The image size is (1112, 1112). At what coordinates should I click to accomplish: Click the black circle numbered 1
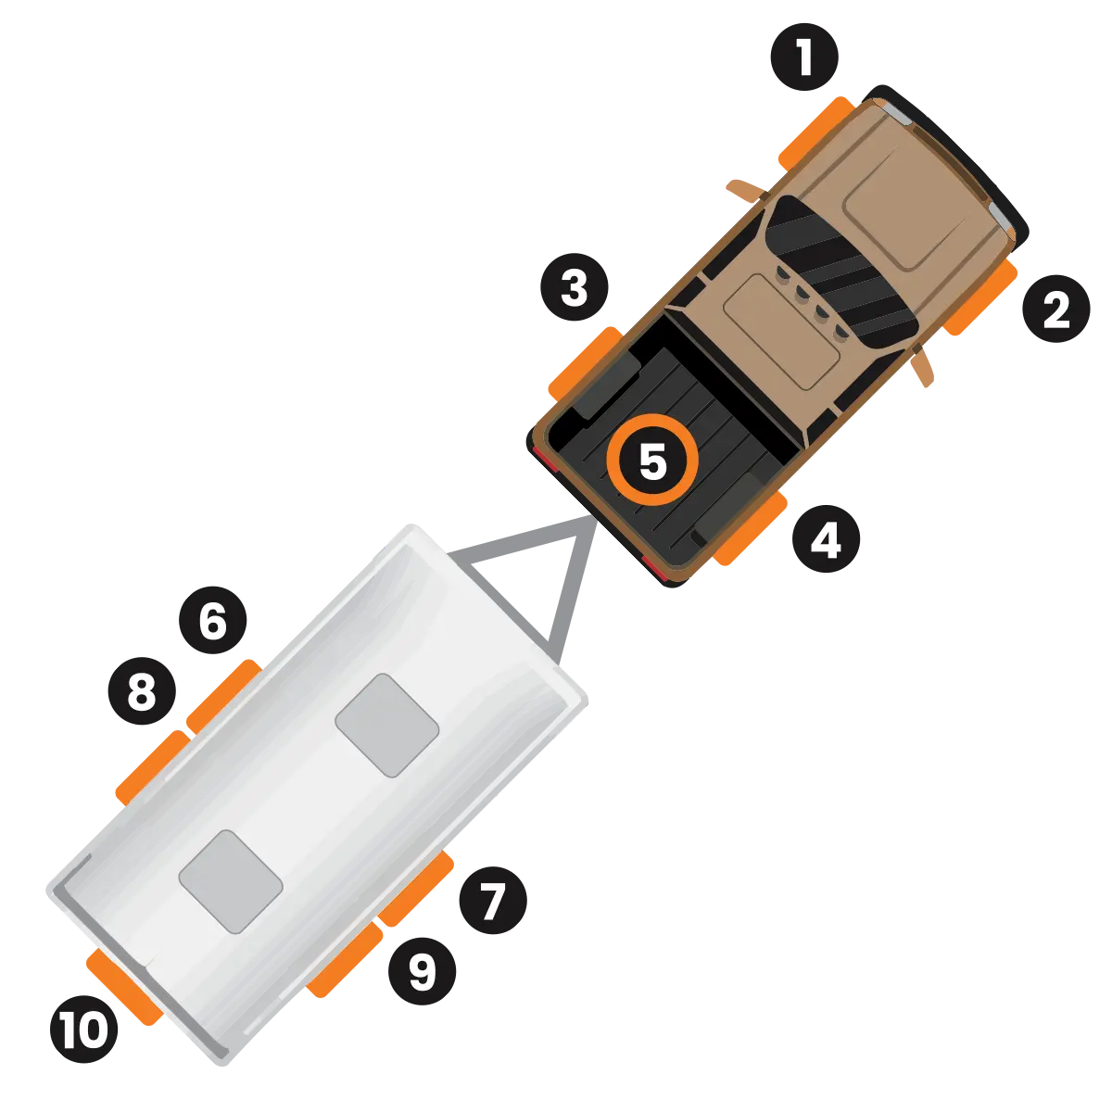803,57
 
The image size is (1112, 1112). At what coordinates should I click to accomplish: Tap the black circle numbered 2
1056,309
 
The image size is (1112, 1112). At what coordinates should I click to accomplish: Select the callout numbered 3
575,286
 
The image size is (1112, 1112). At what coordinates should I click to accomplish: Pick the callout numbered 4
827,539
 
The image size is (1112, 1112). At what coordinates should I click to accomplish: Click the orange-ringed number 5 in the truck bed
652,460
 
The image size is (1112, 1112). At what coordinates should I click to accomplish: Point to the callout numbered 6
213,620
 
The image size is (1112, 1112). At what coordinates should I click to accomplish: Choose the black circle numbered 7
493,900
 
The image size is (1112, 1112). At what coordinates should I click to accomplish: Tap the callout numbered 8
142,690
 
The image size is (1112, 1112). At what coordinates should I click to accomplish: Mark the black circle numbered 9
423,971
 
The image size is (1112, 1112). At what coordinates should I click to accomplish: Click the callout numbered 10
83,1030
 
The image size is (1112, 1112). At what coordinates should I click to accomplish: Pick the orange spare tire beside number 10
123,987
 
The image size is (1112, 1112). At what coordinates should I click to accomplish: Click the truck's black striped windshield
841,272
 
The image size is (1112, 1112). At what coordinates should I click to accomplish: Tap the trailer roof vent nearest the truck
386,726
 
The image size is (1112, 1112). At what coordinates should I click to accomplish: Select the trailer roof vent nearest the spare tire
230,882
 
